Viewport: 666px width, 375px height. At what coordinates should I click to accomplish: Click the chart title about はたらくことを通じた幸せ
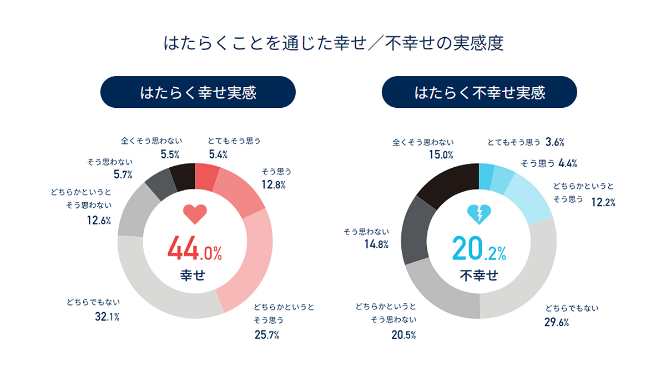(333, 43)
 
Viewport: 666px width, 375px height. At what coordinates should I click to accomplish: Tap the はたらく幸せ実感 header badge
(198, 92)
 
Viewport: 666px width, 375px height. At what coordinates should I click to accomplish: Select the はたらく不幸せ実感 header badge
(480, 92)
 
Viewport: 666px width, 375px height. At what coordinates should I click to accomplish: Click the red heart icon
(195, 213)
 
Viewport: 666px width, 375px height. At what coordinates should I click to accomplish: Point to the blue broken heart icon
(479, 213)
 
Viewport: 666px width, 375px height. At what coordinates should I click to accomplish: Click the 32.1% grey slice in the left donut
(155, 289)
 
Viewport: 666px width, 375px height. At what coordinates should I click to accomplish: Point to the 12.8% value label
(274, 184)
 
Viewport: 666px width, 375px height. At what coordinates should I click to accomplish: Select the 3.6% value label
(555, 142)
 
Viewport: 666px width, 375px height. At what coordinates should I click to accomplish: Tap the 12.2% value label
(603, 203)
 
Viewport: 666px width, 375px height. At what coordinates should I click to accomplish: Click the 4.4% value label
(567, 163)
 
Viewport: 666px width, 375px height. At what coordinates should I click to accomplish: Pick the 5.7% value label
(123, 175)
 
